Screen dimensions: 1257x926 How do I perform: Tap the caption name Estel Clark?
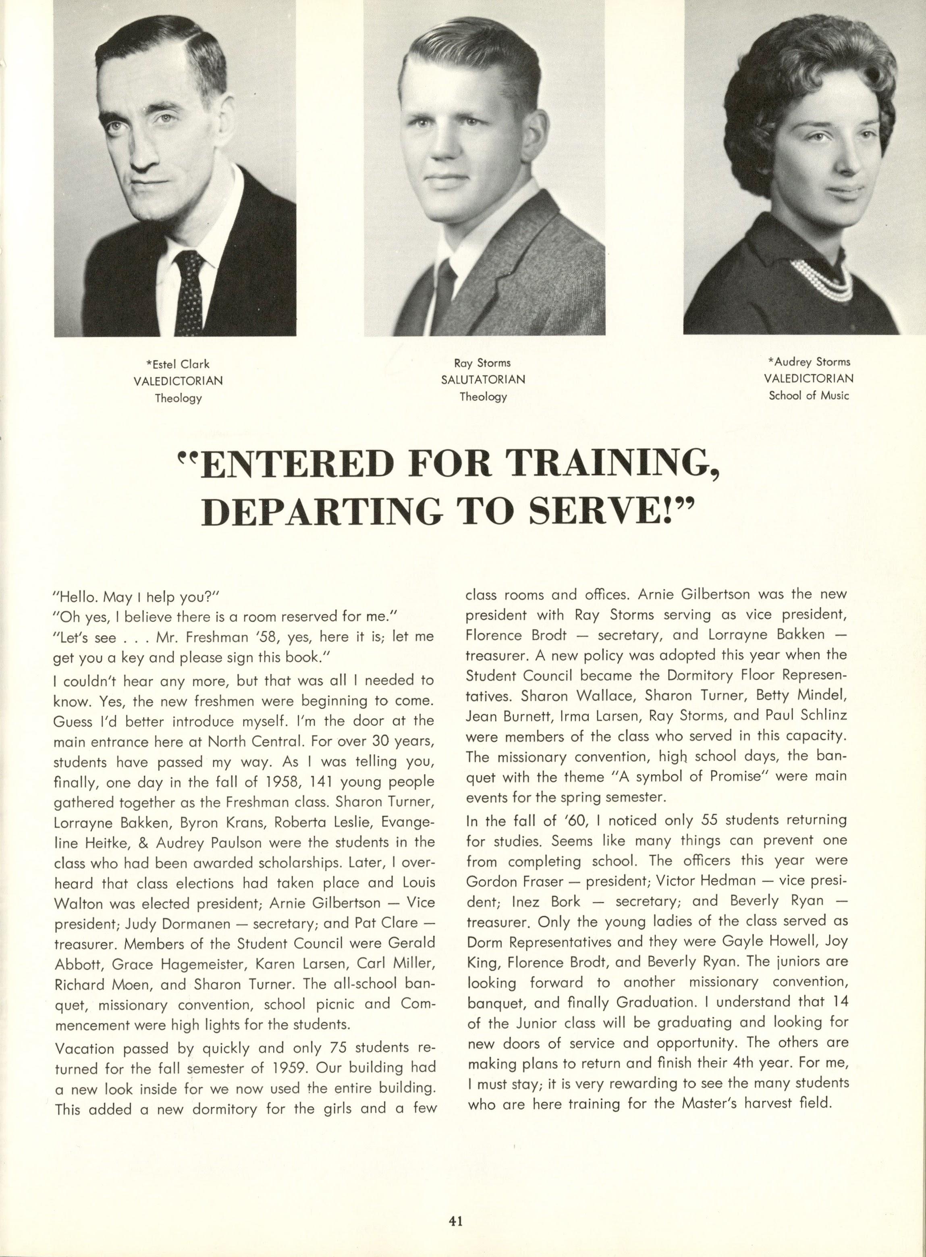coord(178,365)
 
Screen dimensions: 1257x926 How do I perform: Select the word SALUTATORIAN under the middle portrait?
coord(483,380)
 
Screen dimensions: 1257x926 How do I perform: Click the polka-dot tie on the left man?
coord(191,291)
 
